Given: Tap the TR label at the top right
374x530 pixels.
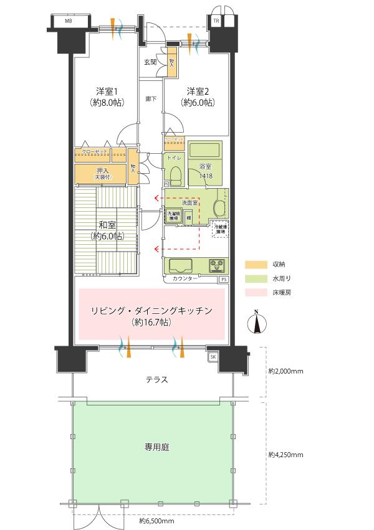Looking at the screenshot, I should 216,21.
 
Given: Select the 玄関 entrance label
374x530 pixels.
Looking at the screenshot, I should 150,62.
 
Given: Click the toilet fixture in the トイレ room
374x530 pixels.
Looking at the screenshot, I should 175,174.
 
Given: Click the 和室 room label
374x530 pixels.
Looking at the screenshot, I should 105,226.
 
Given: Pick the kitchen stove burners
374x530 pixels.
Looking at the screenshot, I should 218,266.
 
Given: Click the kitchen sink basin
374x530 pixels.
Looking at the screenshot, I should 180,264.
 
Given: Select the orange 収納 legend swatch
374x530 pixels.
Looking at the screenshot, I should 254,264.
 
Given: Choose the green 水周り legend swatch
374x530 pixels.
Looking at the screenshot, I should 254,278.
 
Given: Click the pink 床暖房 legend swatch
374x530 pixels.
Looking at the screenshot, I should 254,291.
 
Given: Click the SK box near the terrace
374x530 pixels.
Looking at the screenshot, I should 212,356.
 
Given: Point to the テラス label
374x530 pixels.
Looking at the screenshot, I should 156,379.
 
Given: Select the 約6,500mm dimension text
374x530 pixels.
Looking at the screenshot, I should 156,520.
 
